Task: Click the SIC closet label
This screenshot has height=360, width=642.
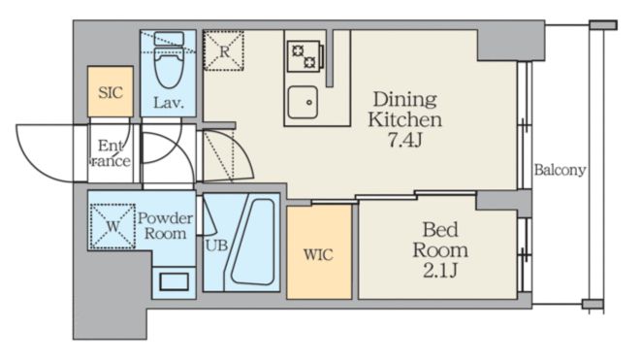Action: coord(111,92)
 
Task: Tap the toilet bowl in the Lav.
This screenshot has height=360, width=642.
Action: coord(169,69)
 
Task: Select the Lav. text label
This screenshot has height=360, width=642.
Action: coord(169,103)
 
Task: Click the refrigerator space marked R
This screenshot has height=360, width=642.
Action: coord(224,50)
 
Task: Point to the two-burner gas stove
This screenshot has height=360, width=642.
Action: coord(305,55)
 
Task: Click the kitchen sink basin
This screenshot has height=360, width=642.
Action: coord(303,102)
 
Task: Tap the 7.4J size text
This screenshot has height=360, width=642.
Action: coord(405,141)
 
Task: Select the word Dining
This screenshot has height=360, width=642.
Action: coord(405,100)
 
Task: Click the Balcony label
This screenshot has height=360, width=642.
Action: coord(560,170)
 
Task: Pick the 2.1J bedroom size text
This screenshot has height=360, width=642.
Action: coord(440,271)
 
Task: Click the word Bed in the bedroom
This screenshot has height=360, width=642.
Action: coord(440,229)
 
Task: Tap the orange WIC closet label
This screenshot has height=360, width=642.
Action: coord(318,255)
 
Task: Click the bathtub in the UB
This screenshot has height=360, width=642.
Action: coord(252,242)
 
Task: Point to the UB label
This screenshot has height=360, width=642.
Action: coord(216,245)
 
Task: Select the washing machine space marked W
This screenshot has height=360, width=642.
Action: coord(112,226)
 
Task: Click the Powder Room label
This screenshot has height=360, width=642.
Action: coord(165,226)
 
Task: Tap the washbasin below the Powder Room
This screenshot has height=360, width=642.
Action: coord(174,281)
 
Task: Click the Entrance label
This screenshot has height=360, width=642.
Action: coord(110,152)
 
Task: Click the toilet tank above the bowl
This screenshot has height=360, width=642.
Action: coord(169,39)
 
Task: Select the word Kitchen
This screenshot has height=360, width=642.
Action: coord(405,119)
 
